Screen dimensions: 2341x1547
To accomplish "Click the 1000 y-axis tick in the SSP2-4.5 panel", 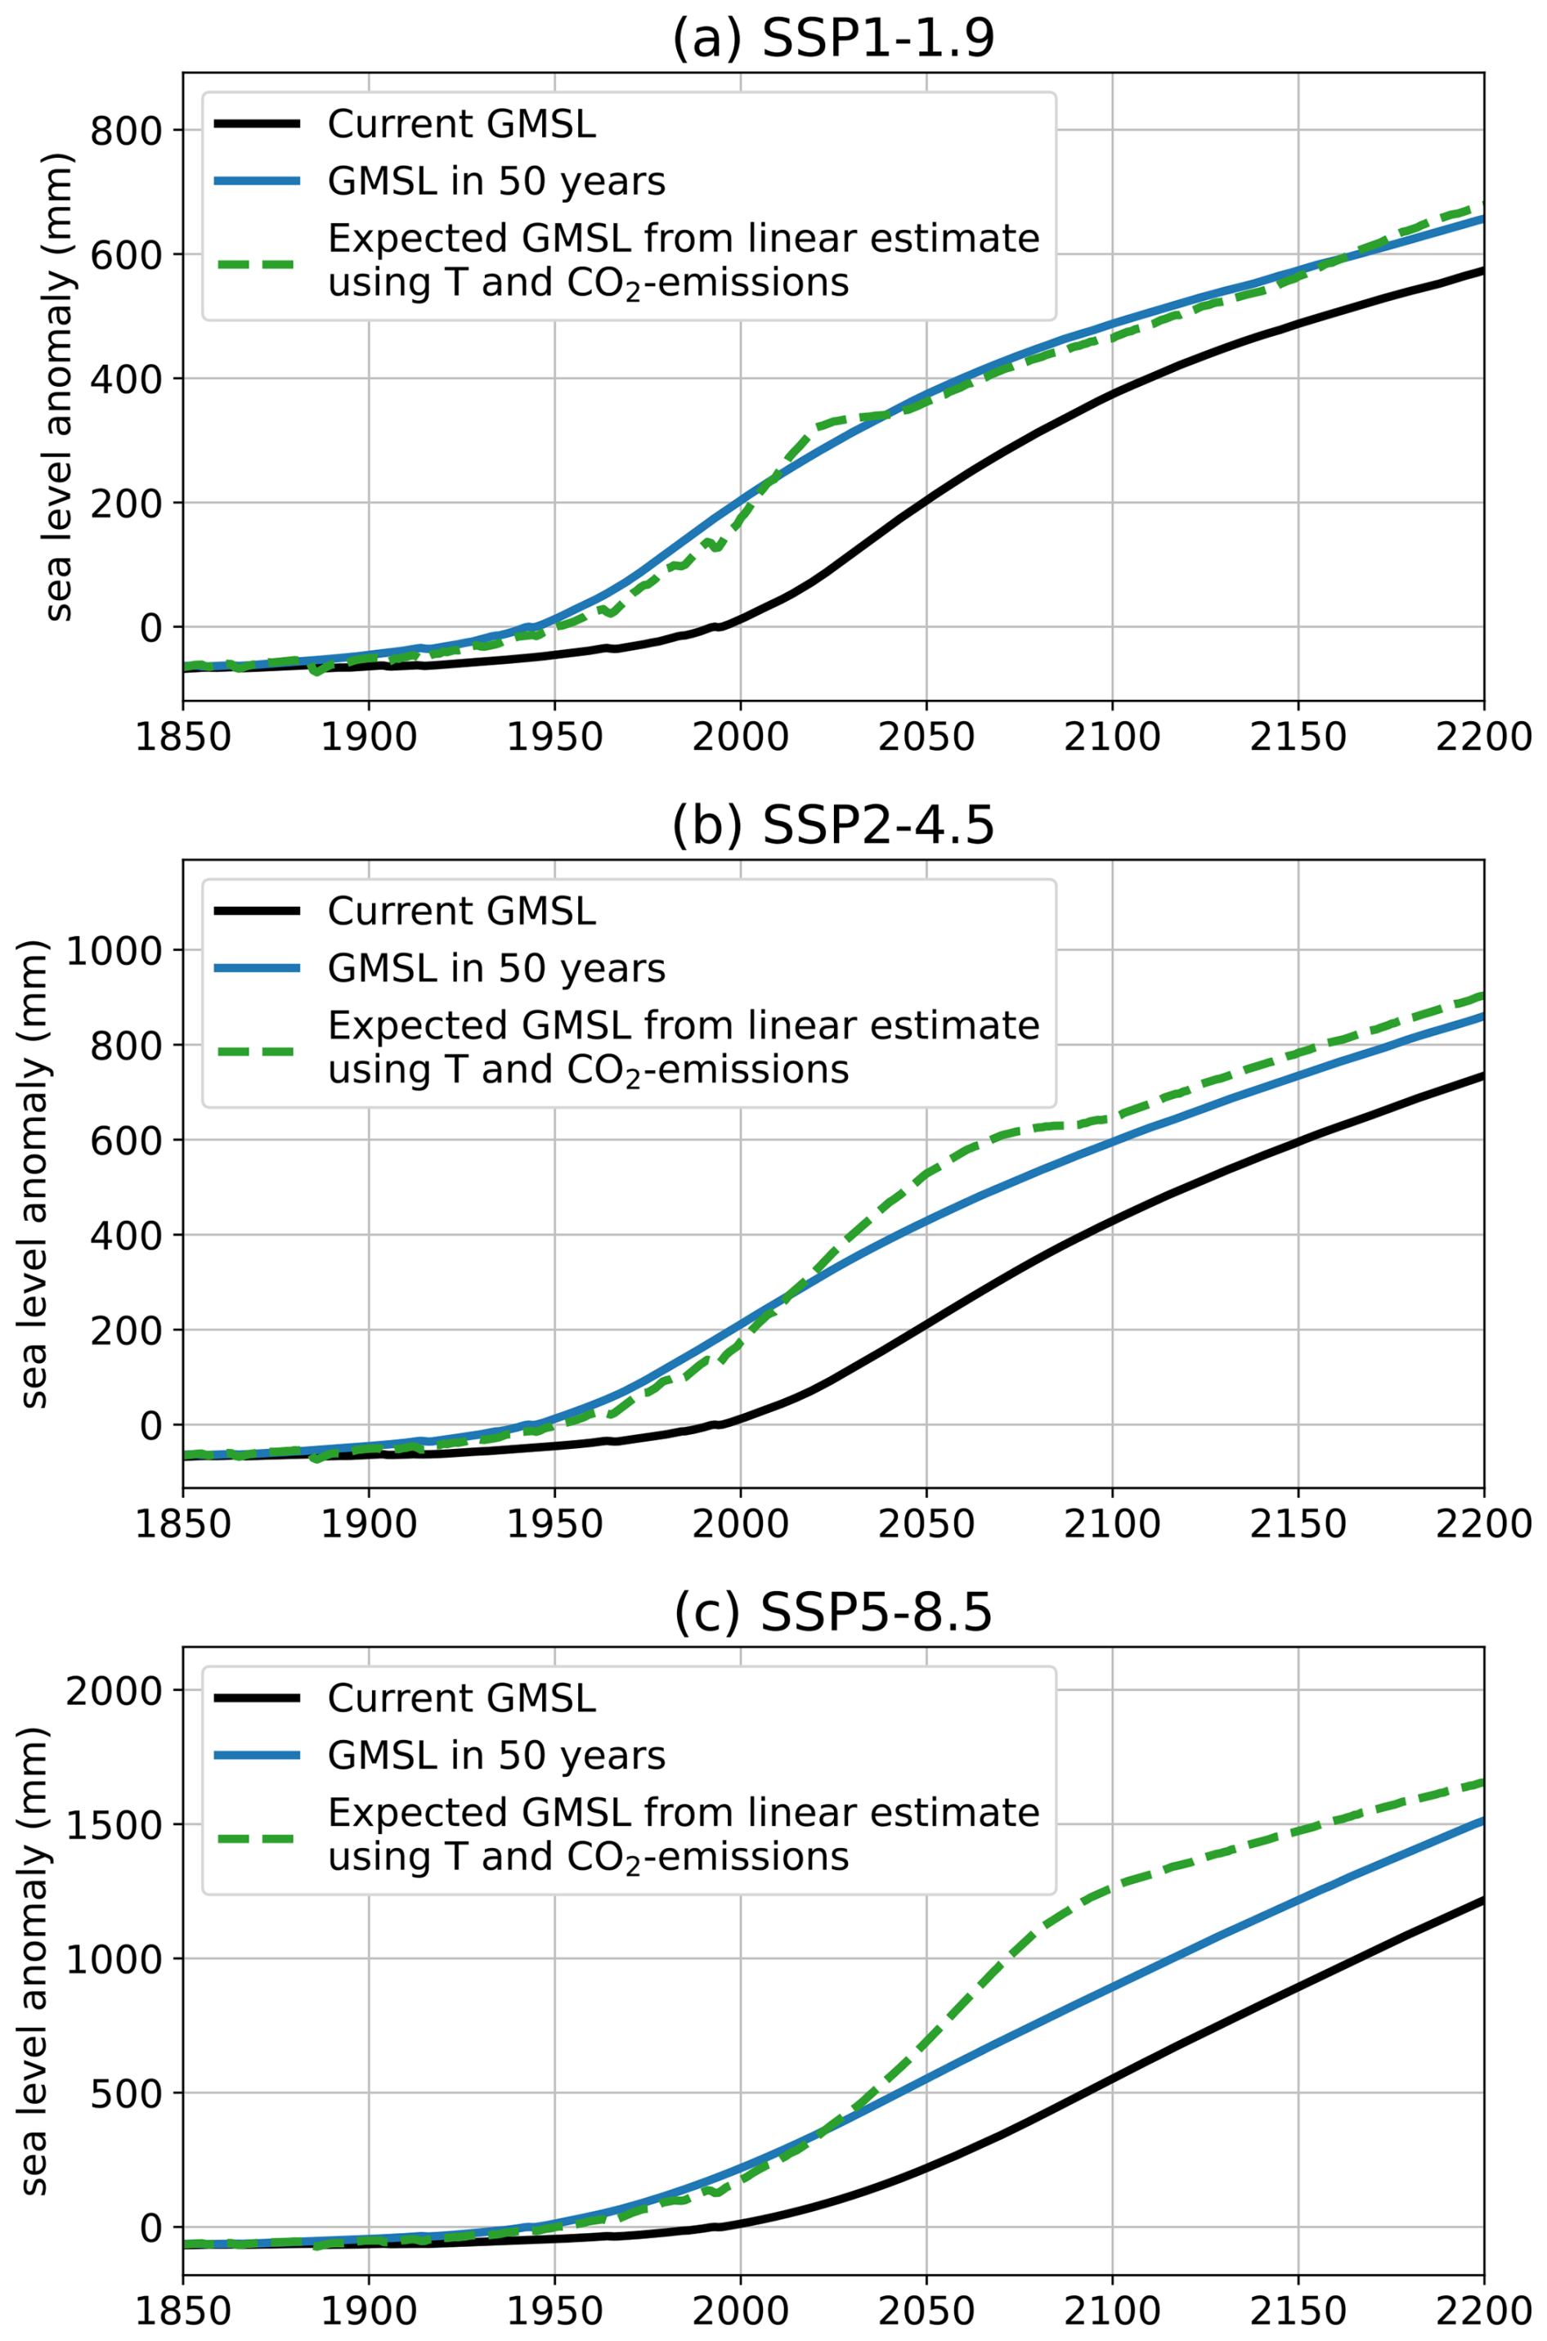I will point(114,950).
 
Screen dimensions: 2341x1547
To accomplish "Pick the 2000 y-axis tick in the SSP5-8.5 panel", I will point(114,1691).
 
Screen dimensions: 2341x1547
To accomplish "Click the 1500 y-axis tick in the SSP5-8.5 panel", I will point(114,1825).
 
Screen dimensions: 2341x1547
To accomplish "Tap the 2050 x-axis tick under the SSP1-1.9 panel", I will point(926,737).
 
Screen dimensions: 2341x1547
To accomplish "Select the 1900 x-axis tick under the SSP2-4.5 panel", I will point(368,1524).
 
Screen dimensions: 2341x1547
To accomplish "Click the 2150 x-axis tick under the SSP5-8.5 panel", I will point(1298,2311).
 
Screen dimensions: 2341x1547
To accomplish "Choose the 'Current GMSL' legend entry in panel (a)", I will point(460,124).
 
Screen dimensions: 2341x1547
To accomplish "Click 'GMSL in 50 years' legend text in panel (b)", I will point(496,969).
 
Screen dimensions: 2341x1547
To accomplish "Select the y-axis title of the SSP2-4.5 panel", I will point(34,1175).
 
